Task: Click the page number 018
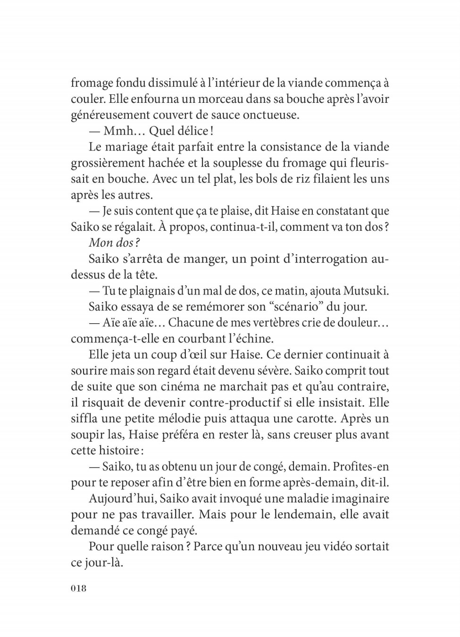point(79,588)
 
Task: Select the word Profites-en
point(360,467)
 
